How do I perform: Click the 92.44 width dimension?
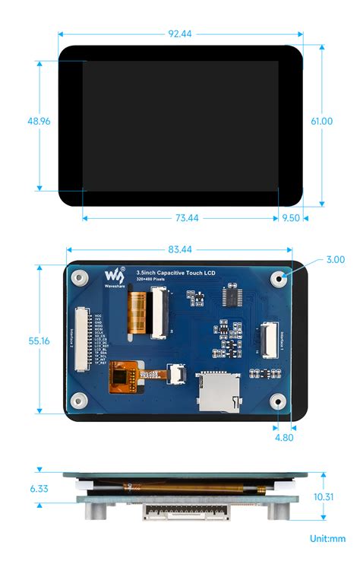pos(180,34)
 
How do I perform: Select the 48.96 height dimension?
pos(38,121)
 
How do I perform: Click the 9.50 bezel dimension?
pos(290,218)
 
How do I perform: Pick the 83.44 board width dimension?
pos(180,249)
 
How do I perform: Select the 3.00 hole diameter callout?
pos(335,259)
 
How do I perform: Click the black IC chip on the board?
pos(232,295)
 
